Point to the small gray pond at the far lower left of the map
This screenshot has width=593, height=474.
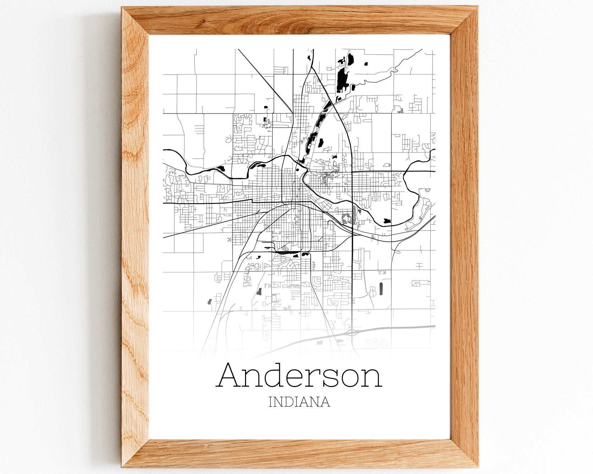[x=209, y=302]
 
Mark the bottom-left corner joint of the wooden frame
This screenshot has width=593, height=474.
[x=135, y=454]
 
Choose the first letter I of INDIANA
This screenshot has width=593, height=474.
[x=271, y=402]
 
